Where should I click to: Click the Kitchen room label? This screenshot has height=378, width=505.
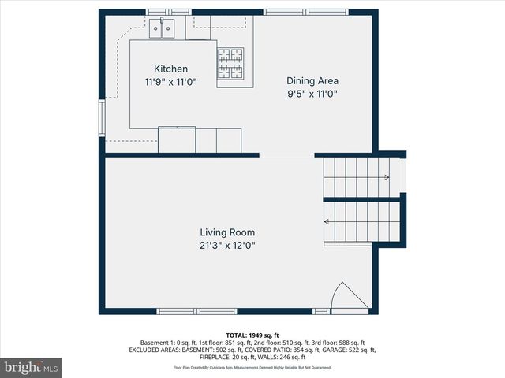(170, 69)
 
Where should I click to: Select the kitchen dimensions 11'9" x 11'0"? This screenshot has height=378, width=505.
(170, 81)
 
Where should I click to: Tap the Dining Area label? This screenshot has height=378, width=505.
(312, 80)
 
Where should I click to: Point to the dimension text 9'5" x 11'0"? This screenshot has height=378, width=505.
(312, 93)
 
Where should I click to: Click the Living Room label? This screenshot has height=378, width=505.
(226, 232)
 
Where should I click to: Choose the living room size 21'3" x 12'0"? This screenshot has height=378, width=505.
(226, 245)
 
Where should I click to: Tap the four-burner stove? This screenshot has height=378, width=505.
(231, 64)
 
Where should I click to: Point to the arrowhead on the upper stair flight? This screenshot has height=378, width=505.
(387, 178)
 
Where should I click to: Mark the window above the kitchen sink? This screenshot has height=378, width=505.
(168, 12)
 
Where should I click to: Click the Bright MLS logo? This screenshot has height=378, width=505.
(31, 367)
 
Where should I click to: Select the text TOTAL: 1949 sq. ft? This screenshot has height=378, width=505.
(252, 335)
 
